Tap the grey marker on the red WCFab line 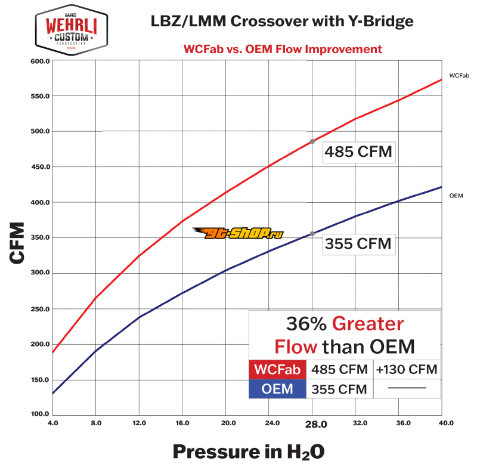pyautogui.click(x=312, y=141)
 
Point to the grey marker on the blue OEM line pyautogui.click(x=312, y=234)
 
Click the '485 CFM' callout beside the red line pyautogui.click(x=358, y=151)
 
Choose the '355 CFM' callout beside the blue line pyautogui.click(x=358, y=244)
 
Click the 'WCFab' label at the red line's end pyautogui.click(x=459, y=76)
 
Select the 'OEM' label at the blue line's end pyautogui.click(x=456, y=195)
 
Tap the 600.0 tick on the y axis pyautogui.click(x=39, y=61)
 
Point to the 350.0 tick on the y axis pyautogui.click(x=39, y=238)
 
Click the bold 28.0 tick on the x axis pyautogui.click(x=312, y=425)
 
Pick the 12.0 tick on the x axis pyautogui.click(x=139, y=424)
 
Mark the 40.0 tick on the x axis pyautogui.click(x=441, y=424)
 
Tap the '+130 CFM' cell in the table pyautogui.click(x=407, y=369)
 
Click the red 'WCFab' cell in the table pyautogui.click(x=277, y=369)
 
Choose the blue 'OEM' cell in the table pyautogui.click(x=277, y=389)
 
